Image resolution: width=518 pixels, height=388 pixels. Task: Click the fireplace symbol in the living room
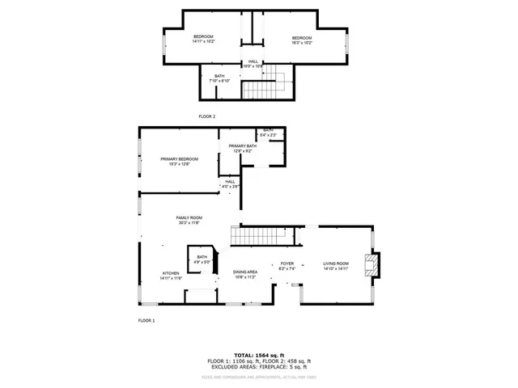372,265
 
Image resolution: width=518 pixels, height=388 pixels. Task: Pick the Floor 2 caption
207,116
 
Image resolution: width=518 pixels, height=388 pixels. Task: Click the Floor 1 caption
146,321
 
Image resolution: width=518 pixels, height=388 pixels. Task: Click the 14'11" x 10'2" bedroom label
203,40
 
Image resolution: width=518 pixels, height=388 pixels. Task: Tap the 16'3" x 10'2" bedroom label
302,40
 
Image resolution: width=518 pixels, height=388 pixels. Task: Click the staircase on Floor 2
278,79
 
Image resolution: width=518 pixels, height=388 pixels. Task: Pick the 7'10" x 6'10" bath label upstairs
220,78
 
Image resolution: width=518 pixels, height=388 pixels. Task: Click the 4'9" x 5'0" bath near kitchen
202,259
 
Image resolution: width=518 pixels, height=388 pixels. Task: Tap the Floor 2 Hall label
253,64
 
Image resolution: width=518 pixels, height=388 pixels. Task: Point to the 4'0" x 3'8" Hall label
231,184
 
